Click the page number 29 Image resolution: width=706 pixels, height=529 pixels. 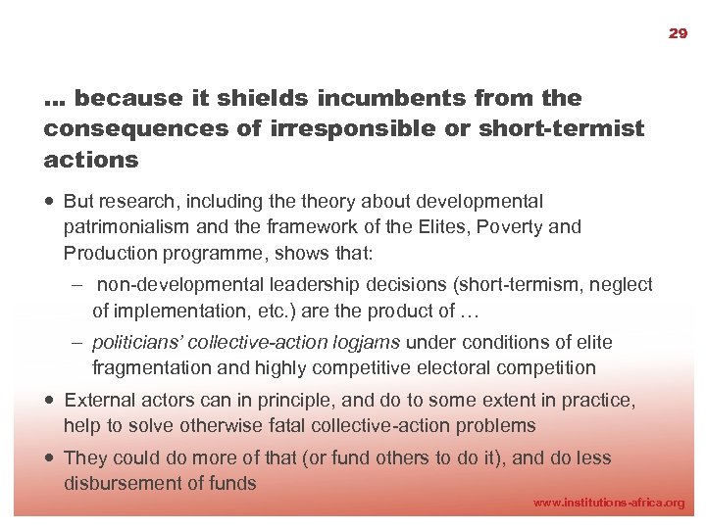678,33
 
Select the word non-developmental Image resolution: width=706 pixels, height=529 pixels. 170,285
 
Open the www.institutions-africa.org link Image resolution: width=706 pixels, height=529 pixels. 608,503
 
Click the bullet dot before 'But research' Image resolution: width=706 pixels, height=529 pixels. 49,202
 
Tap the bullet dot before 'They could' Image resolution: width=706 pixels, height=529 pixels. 49,458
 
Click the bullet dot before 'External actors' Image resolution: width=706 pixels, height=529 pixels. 49,401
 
